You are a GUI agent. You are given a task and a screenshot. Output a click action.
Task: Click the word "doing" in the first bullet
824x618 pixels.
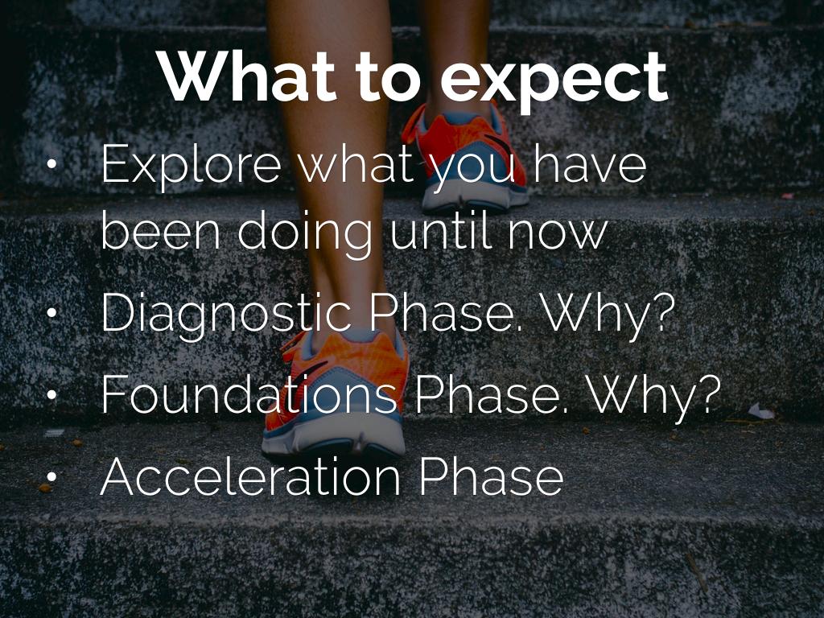(x=305, y=231)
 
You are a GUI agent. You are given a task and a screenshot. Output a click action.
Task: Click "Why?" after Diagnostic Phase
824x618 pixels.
(x=608, y=315)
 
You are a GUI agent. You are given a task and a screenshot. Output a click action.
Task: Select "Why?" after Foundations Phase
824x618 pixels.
(x=653, y=396)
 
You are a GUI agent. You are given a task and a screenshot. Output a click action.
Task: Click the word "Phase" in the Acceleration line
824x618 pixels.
(x=492, y=476)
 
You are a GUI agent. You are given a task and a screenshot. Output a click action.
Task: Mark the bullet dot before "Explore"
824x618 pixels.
(x=51, y=164)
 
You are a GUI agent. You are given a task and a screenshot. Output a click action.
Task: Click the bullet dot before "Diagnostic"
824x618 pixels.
(x=51, y=313)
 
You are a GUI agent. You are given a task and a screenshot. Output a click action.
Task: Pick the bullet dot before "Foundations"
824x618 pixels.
(x=51, y=394)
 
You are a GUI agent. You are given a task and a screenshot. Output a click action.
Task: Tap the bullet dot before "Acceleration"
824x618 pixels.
(x=51, y=476)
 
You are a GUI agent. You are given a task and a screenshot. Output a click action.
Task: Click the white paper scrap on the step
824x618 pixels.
(x=761, y=411)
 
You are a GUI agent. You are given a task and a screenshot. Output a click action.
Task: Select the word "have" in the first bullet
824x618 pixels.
(x=590, y=164)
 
